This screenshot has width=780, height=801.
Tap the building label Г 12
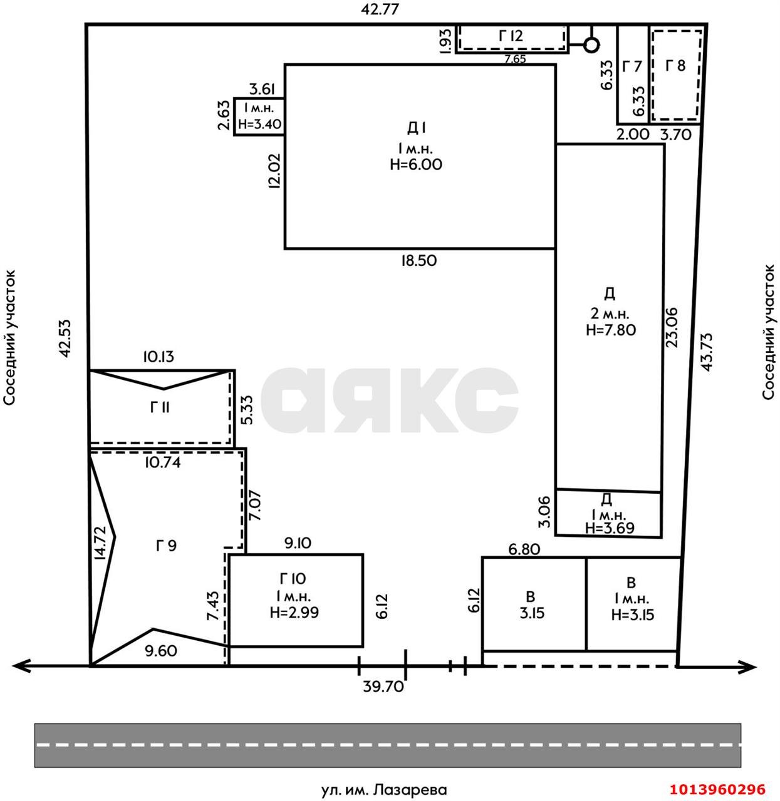511,36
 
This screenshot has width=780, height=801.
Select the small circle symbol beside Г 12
591,45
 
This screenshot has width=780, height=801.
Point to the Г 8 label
675,65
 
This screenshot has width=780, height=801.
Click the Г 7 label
632,66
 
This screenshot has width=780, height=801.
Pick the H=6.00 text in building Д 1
416,164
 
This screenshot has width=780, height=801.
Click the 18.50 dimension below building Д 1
419,260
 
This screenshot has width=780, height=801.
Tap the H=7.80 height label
610,329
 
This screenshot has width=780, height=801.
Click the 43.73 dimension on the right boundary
707,352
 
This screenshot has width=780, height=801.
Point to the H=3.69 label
609,528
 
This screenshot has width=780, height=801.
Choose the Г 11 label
160,407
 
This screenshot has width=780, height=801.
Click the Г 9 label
166,545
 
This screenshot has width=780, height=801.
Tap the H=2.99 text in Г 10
294,612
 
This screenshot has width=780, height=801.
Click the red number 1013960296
718,788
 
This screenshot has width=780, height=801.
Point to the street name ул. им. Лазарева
384,790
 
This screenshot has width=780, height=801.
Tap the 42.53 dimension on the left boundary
65,339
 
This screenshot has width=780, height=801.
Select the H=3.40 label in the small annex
259,123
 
